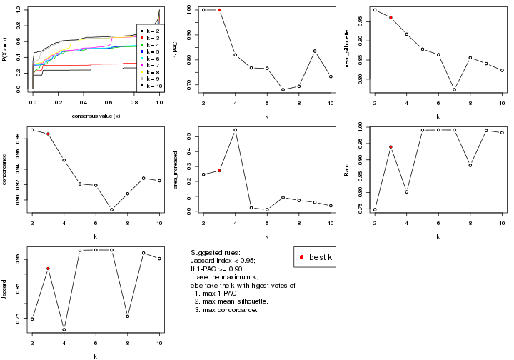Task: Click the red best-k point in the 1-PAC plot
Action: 219,10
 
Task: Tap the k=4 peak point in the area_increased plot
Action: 236,130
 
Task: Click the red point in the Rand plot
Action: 390,147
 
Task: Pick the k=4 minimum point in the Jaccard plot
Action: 64,329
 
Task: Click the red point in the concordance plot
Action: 48,134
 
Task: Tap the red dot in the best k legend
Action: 302,257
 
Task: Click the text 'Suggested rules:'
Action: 216,254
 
